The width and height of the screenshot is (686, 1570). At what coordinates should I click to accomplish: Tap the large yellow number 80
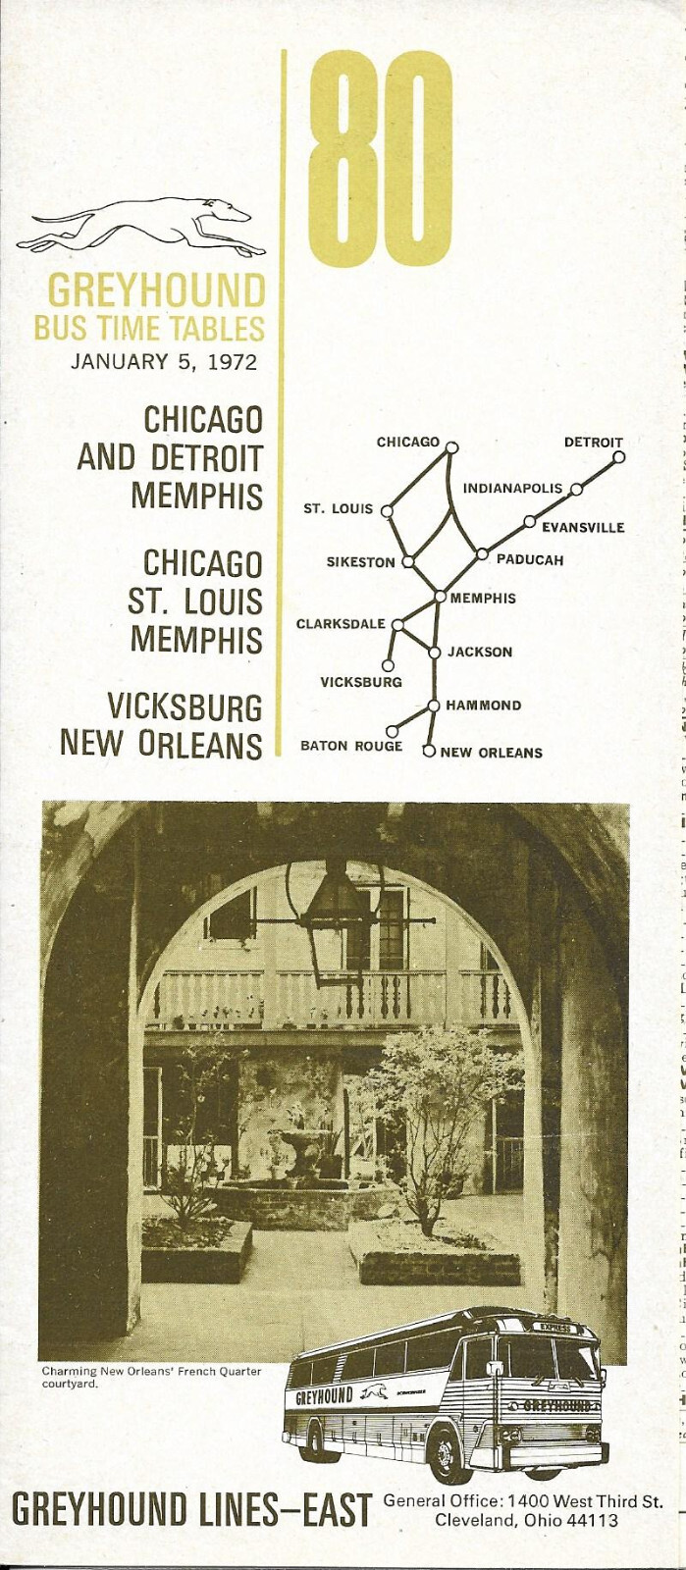click(381, 160)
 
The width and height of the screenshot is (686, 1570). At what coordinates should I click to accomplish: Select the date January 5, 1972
click(164, 362)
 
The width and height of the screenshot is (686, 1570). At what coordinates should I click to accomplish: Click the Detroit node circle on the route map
click(618, 456)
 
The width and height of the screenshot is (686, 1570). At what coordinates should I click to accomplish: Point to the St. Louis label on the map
click(339, 508)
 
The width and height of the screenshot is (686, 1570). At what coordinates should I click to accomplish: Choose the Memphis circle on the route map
click(441, 597)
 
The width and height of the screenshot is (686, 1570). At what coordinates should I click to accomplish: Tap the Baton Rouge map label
click(351, 746)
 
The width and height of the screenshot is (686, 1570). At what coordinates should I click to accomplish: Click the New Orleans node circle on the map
click(428, 752)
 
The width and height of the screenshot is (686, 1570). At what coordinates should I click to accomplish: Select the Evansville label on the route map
click(583, 527)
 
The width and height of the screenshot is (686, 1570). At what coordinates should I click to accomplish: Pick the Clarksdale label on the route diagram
click(341, 624)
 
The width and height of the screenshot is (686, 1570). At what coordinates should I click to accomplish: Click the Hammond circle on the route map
click(433, 705)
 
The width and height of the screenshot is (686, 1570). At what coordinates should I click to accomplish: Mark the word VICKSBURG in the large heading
click(185, 706)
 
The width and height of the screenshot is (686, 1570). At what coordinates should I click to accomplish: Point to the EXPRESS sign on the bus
click(554, 1328)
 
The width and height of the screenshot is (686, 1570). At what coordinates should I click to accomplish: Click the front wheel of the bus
click(449, 1454)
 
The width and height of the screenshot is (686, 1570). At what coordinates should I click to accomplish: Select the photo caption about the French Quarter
click(151, 1377)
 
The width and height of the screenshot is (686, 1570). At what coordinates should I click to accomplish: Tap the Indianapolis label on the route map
click(512, 488)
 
